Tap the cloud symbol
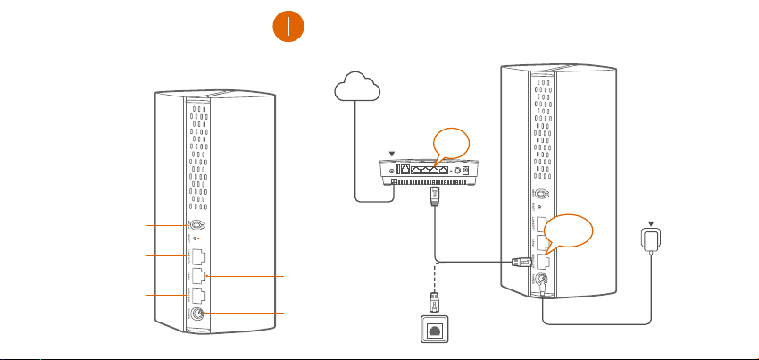pos(356,88)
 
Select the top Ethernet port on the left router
pos(198,258)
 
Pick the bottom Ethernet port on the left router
pos(199,295)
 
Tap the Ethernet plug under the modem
pos(436,196)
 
